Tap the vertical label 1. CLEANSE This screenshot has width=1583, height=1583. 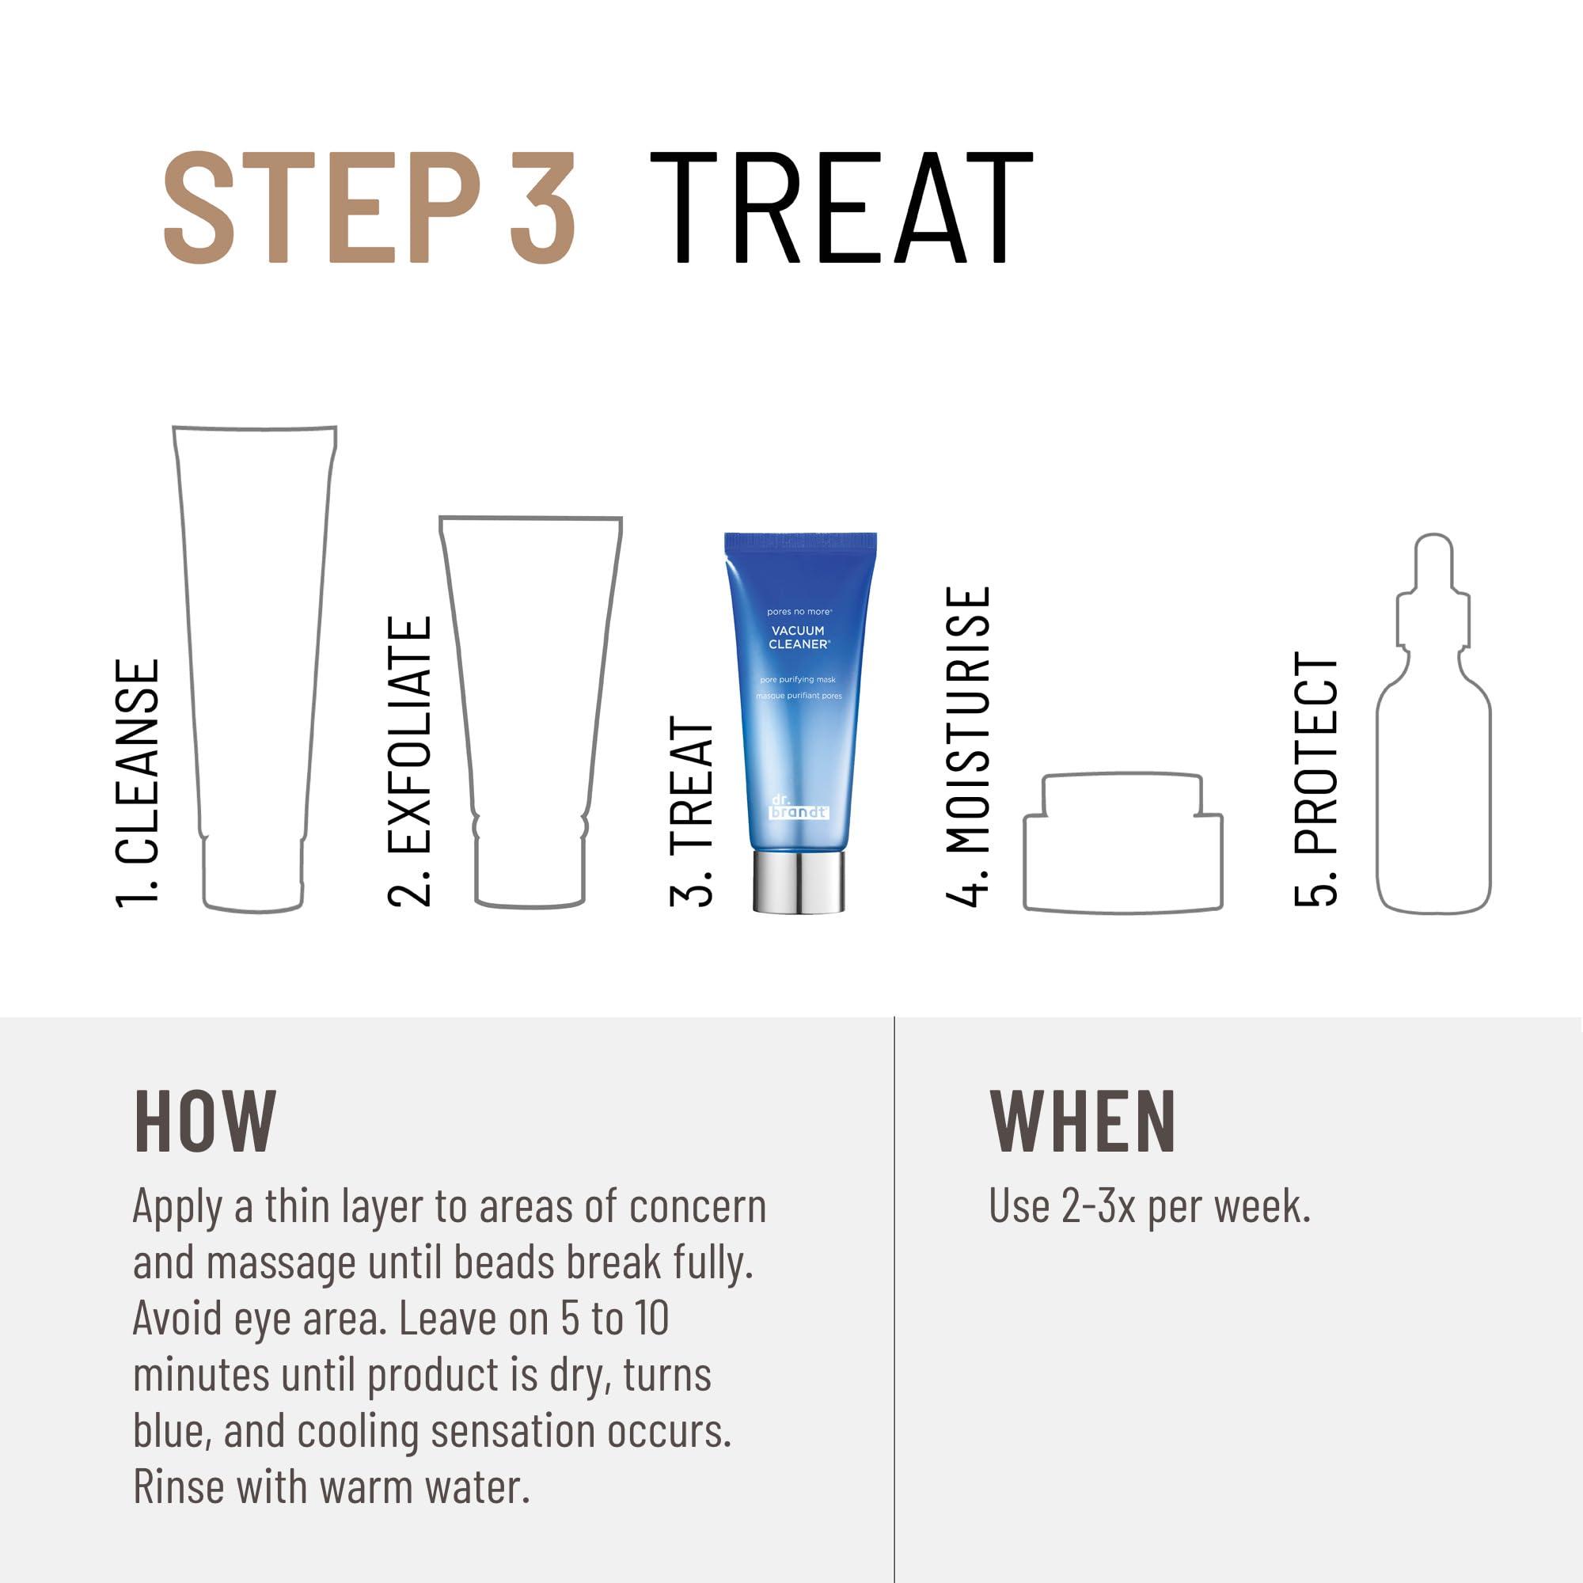[137, 784]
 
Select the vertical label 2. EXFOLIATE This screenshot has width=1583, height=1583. [409, 761]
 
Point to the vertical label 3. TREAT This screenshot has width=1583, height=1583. [692, 811]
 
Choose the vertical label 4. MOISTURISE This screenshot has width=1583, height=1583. [968, 746]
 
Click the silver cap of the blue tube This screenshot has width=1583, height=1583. [799, 883]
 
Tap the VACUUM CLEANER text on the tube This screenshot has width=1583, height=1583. [799, 637]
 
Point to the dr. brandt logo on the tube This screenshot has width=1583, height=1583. [799, 807]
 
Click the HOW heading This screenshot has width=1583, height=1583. [205, 1121]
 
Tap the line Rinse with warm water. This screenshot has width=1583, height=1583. [331, 1487]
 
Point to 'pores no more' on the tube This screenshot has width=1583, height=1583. [799, 611]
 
